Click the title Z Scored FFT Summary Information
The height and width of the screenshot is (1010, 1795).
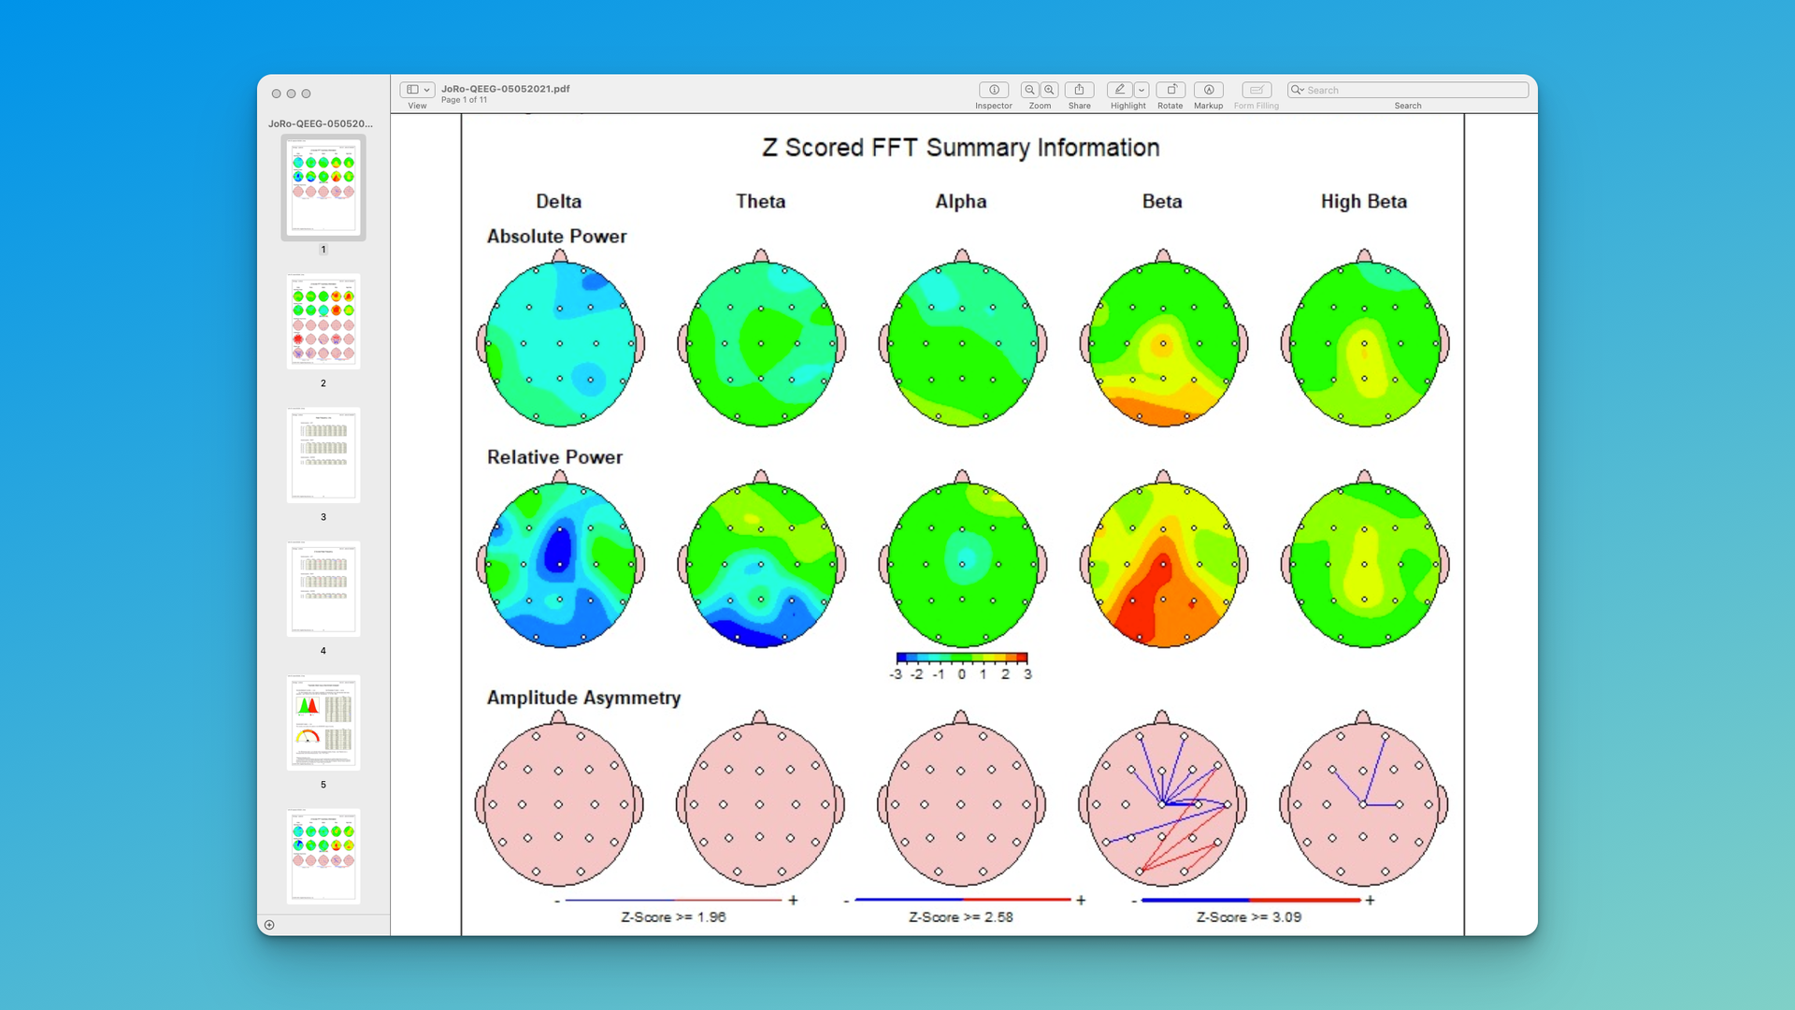[x=960, y=148]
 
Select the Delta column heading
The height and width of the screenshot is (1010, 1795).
[x=558, y=201]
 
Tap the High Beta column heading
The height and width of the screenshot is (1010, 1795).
[x=1363, y=201]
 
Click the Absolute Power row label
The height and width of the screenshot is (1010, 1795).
[x=556, y=237]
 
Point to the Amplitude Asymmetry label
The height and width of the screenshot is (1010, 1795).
[x=583, y=698]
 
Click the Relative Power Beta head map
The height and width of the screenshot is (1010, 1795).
[x=1163, y=564]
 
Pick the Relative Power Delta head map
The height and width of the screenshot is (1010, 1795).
[x=559, y=564]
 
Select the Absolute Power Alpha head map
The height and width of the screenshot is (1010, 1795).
[x=962, y=343]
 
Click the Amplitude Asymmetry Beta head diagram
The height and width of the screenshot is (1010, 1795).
[x=1162, y=803]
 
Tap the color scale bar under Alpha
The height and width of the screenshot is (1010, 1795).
[x=961, y=658]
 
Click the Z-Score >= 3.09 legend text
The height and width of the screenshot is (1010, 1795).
[x=1248, y=917]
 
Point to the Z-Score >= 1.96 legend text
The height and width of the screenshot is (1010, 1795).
[x=673, y=917]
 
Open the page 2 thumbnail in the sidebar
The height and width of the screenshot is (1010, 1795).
[x=323, y=322]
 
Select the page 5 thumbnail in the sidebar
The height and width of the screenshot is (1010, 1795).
[x=323, y=723]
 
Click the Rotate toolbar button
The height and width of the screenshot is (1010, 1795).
[x=1170, y=90]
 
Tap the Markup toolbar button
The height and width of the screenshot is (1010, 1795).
[x=1208, y=90]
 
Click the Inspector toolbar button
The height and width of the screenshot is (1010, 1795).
[x=993, y=90]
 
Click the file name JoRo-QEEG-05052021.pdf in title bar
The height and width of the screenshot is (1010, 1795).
[x=505, y=89]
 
